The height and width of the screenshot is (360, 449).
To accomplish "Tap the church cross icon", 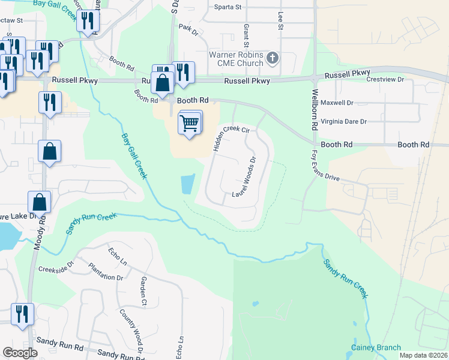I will point(273,58).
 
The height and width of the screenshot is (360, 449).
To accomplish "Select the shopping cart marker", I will point(190,123).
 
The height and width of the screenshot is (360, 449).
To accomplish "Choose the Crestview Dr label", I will point(386,79).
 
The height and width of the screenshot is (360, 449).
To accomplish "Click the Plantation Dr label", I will point(105,272).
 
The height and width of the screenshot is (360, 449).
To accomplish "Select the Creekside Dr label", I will point(55,266).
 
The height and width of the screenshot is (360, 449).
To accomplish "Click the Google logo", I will point(20,353).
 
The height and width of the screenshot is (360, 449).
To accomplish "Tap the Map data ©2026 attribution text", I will point(423,355).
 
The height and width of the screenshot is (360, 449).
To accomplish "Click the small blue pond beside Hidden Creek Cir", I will point(188,184).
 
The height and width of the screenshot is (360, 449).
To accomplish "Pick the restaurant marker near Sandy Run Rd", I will point(22,315).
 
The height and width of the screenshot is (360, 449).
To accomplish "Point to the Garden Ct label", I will point(143,290).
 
